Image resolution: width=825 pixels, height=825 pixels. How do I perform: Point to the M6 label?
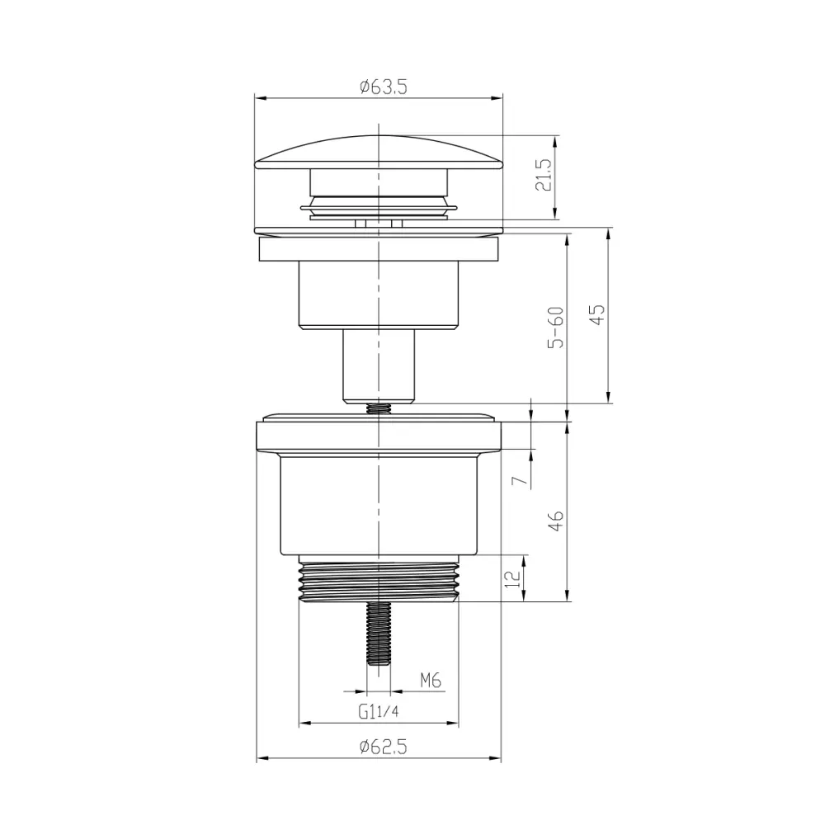coord(431,681)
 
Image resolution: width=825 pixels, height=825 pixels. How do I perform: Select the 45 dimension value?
coord(597,314)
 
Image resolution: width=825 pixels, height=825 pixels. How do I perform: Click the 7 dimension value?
coord(517,480)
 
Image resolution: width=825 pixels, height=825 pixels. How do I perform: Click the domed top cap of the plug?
coord(378,152)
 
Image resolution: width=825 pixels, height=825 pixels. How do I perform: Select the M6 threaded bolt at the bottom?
coord(379,634)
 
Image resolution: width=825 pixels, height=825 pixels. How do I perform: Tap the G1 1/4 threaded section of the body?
coord(379,582)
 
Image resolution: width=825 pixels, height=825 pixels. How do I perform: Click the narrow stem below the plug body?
coord(379,364)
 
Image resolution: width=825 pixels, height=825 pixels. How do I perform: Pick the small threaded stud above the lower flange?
coord(379,408)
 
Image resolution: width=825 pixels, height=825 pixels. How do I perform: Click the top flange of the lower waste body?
coord(379,436)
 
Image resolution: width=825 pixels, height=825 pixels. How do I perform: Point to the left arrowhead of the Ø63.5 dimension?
coord(259,98)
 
